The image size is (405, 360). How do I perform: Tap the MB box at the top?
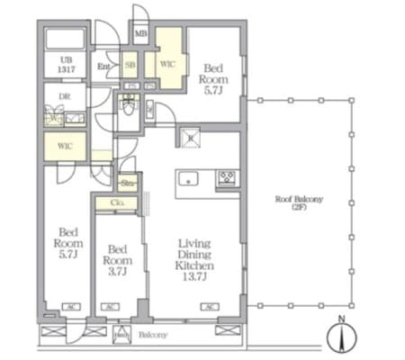pyautogui.click(x=141, y=35)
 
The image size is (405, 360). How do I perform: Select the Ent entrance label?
pyautogui.click(x=105, y=66)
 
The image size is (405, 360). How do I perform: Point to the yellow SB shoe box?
pyautogui.click(x=130, y=66)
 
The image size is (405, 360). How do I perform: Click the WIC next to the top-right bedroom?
pyautogui.click(x=166, y=66)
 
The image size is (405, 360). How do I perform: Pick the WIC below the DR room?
pyautogui.click(x=64, y=144)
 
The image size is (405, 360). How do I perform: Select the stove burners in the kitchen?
pyautogui.click(x=226, y=177)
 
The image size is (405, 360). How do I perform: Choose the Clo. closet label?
pyautogui.click(x=117, y=203)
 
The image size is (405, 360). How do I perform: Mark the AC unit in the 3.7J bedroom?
pyautogui.click(x=110, y=308)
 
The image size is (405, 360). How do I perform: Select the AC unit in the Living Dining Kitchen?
pyautogui.click(x=209, y=308)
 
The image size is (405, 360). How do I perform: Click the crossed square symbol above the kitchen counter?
pyautogui.click(x=190, y=138)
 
